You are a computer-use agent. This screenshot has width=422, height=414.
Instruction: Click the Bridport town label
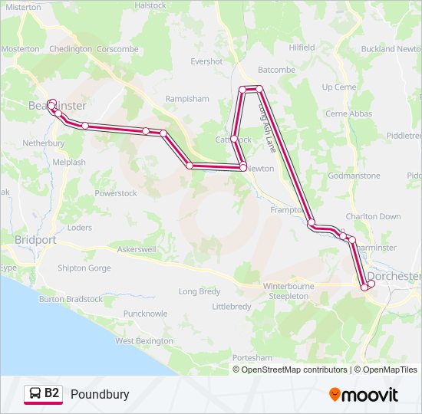pyautogui.click(x=35, y=240)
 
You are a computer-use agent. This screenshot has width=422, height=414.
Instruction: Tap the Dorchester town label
pyautogui.click(x=394, y=276)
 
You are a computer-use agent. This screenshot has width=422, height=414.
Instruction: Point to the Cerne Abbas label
pyautogui.click(x=348, y=113)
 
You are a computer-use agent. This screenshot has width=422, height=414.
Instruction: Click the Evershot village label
pyautogui.click(x=206, y=61)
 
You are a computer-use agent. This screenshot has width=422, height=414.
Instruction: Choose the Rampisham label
pyautogui.click(x=186, y=99)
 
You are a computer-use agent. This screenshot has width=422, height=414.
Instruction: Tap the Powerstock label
pyautogui.click(x=116, y=193)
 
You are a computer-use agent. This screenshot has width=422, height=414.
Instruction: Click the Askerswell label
pyautogui.click(x=137, y=250)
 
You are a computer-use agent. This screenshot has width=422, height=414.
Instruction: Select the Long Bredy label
pyautogui.click(x=199, y=291)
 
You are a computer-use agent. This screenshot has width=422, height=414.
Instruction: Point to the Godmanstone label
pyautogui.click(x=354, y=176)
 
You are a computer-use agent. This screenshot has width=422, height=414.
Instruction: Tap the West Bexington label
pyautogui.click(x=144, y=340)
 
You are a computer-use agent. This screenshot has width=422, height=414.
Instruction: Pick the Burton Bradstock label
pyautogui.click(x=71, y=299)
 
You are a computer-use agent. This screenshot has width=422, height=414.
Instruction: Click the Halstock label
pyautogui.click(x=150, y=5)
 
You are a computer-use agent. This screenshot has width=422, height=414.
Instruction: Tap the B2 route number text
pyautogui.click(x=52, y=394)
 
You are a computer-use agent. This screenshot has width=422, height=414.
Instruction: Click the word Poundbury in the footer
pyautogui.click(x=100, y=395)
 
